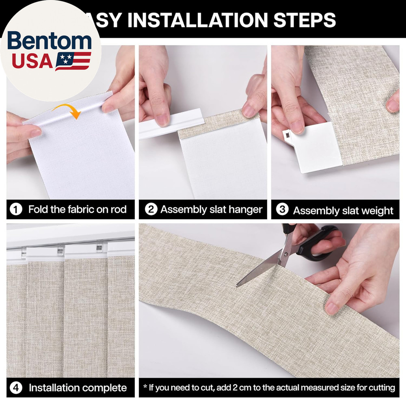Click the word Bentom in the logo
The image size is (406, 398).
coord(49,42)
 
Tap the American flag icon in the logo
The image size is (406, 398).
coord(73,61)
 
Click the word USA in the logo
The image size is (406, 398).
coord(32,61)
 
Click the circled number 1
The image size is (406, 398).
coord(16,210)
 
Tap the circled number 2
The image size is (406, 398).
coord(151,210)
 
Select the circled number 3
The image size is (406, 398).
coord(282,210)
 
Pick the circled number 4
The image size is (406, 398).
coord(16,387)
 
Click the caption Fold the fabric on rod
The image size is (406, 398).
coord(77,210)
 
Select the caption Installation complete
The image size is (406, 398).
coord(78,387)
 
